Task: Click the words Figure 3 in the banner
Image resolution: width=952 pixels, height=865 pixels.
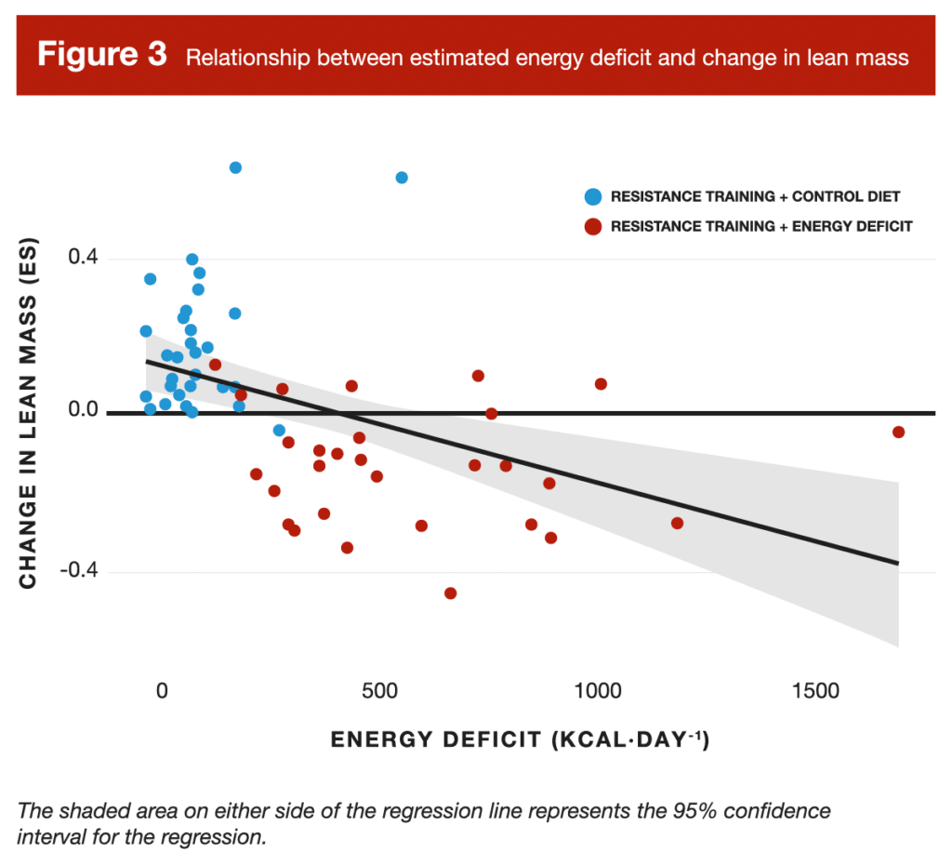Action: pyautogui.click(x=101, y=55)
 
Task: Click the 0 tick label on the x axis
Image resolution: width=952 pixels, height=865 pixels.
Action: pyautogui.click(x=162, y=691)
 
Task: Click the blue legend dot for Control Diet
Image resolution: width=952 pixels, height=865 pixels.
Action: pyautogui.click(x=592, y=196)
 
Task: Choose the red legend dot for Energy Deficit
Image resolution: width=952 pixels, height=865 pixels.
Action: pyautogui.click(x=592, y=226)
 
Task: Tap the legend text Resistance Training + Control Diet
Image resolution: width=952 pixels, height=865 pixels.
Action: pyautogui.click(x=755, y=196)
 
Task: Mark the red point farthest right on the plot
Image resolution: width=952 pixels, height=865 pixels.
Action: pyautogui.click(x=898, y=432)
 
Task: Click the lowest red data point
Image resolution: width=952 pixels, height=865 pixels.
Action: pyautogui.click(x=450, y=592)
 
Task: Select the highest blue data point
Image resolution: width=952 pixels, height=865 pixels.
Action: pyautogui.click(x=235, y=167)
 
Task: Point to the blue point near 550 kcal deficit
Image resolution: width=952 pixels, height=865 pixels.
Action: pyautogui.click(x=402, y=178)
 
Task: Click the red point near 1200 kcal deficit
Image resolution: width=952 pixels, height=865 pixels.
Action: pyautogui.click(x=677, y=523)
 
